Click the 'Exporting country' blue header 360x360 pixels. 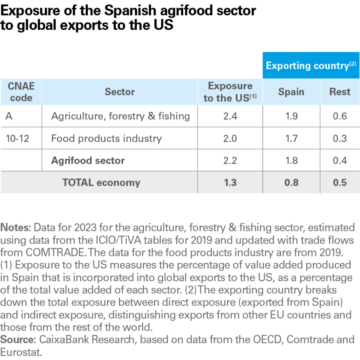pyautogui.click(x=311, y=66)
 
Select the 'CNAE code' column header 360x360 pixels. pyautogui.click(x=21, y=91)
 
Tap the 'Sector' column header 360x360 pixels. pyautogui.click(x=120, y=91)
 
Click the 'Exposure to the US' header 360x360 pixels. pyautogui.click(x=230, y=91)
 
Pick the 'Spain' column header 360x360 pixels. pyautogui.click(x=291, y=91)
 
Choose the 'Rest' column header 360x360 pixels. pyautogui.click(x=340, y=91)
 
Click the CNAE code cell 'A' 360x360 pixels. pyautogui.click(x=9, y=116)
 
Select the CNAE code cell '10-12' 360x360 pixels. pyautogui.click(x=18, y=138)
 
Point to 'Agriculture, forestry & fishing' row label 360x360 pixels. pyautogui.click(x=120, y=116)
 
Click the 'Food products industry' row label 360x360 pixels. pyautogui.click(x=106, y=138)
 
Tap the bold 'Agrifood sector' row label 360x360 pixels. pyautogui.click(x=88, y=160)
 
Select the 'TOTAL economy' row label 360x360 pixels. pyautogui.click(x=101, y=183)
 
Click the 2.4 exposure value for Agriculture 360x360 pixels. pyautogui.click(x=230, y=116)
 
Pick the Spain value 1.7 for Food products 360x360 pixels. pyautogui.click(x=291, y=138)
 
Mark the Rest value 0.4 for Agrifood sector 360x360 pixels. pyautogui.click(x=340, y=160)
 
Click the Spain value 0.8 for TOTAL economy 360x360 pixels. pyautogui.click(x=291, y=183)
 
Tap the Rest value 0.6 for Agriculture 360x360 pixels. pyautogui.click(x=340, y=116)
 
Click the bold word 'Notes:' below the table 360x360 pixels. pyautogui.click(x=16, y=228)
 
